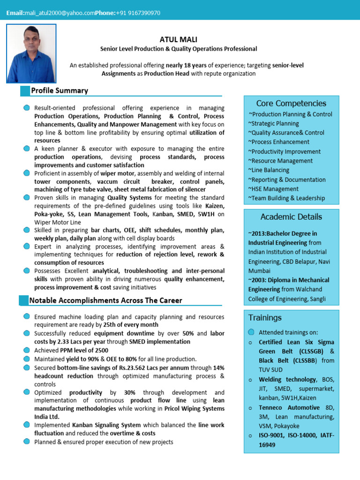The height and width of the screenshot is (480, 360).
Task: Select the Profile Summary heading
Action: [60, 90]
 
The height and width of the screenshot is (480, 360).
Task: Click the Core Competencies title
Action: [291, 103]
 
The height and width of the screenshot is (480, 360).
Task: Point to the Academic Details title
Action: [291, 217]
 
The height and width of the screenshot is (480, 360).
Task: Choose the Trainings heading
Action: [265, 318]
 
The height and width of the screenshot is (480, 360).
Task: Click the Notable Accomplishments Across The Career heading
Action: [105, 300]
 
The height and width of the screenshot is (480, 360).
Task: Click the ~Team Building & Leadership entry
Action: [286, 198]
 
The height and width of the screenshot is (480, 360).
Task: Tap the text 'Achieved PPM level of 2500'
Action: [71, 350]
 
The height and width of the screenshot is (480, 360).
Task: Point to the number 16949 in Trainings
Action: [267, 445]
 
